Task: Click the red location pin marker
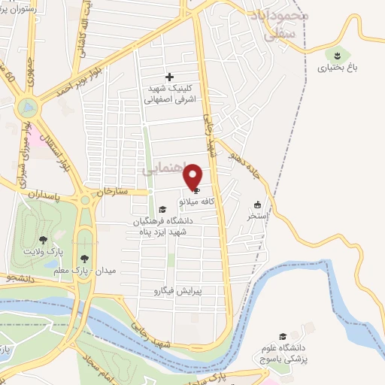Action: (193, 177)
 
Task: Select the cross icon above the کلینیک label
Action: (169, 76)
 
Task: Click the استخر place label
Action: (258, 215)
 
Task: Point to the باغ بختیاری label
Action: (336, 68)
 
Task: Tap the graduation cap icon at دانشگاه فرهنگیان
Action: (164, 210)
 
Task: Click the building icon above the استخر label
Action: (258, 205)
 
